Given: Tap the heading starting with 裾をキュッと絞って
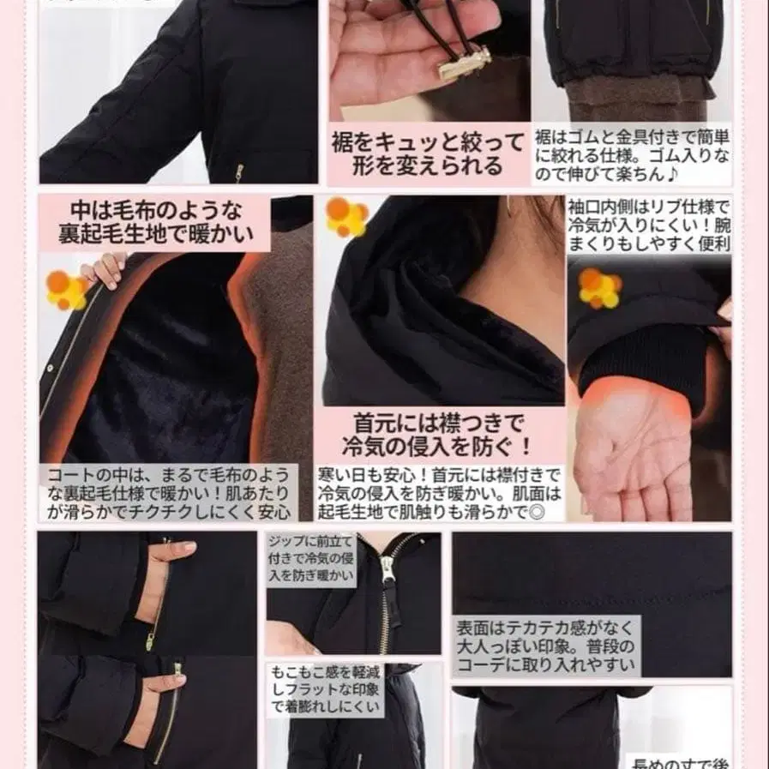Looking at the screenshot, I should pos(426,153).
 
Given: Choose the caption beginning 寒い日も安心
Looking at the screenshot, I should pos(439,492).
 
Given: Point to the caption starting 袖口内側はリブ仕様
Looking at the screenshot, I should pos(649,225).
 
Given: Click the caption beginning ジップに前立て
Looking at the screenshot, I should pos(311,558).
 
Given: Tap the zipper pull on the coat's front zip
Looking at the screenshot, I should pos(388,570).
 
